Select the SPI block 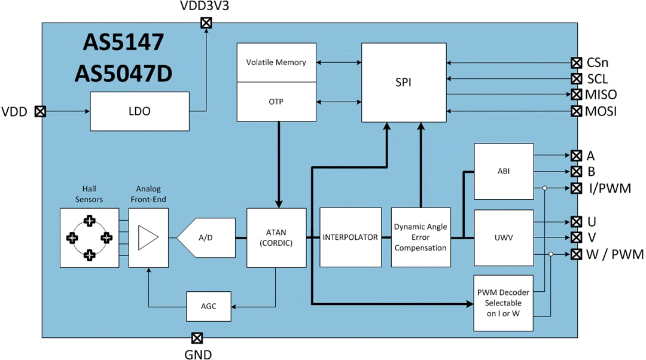click(x=404, y=83)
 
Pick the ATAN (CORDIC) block click(x=276, y=237)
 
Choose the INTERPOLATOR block click(x=351, y=237)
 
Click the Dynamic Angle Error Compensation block click(x=420, y=237)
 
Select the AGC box click(x=208, y=306)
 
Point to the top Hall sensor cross click(x=89, y=221)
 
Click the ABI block click(x=502, y=171)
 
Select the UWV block click(x=502, y=237)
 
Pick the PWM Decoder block click(x=502, y=303)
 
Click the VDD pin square click(x=40, y=111)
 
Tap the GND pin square click(x=197, y=338)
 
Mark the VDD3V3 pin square click(x=206, y=23)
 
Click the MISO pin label click(x=601, y=94)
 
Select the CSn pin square click(x=576, y=62)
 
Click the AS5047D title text click(x=123, y=72)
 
